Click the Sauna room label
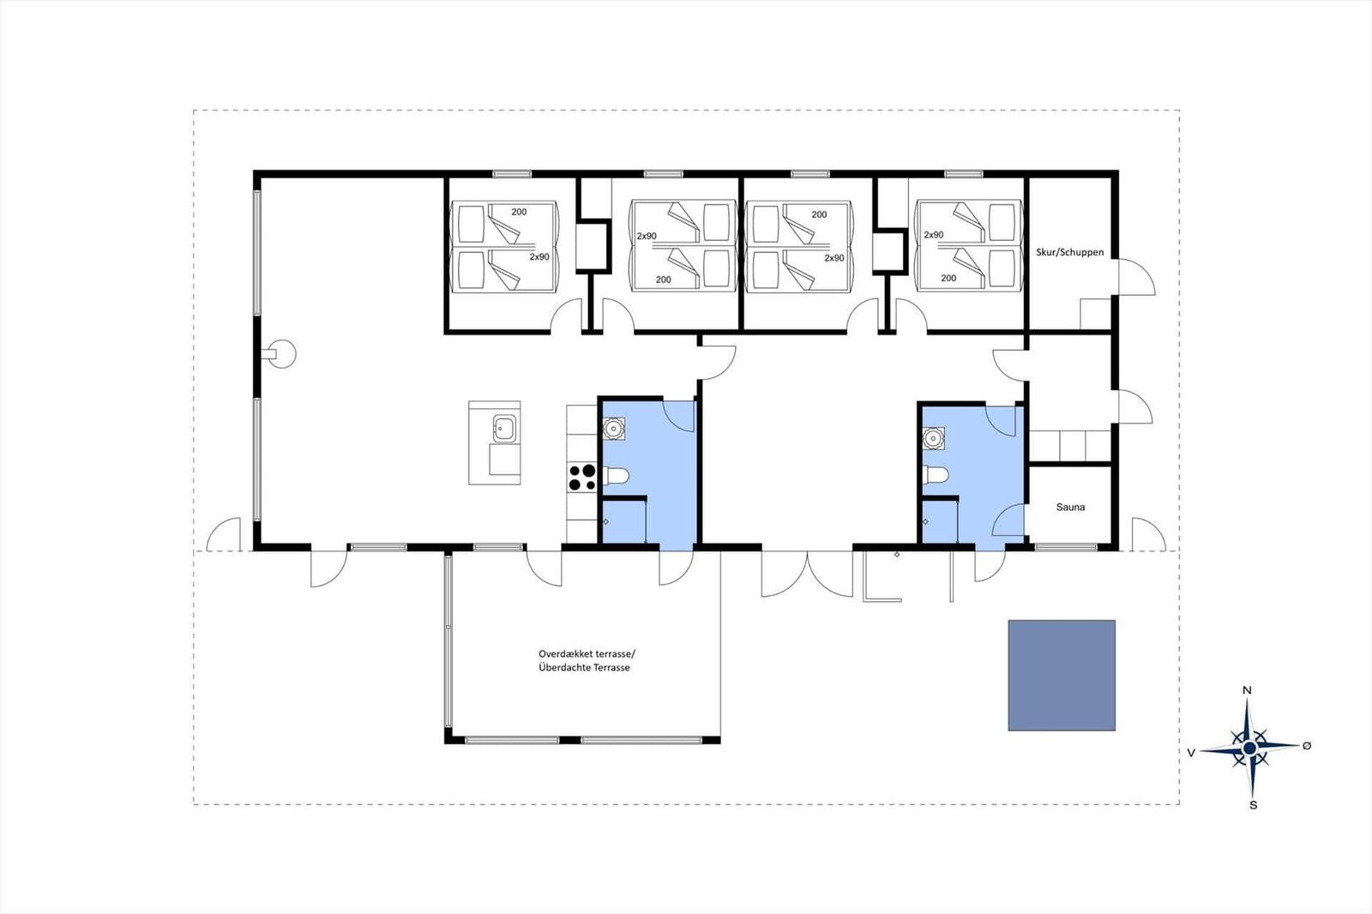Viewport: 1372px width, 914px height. [1070, 508]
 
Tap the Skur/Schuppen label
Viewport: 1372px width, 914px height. [1069, 252]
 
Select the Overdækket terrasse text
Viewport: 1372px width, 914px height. [587, 653]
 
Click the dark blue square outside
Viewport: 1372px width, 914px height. [1062, 675]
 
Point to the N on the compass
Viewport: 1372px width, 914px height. [1247, 690]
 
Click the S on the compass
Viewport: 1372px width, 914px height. [1253, 805]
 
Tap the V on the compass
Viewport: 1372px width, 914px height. [1191, 754]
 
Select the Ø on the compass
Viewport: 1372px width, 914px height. [1307, 746]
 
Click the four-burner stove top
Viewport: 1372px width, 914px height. [581, 478]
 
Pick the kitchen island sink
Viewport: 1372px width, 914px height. [505, 428]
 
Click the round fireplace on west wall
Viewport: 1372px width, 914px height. [283, 354]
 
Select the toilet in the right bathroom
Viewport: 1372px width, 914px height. [936, 475]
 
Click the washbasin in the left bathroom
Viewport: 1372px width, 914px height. [613, 428]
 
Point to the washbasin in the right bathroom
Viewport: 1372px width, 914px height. [934, 438]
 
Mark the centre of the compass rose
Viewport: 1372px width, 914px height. [1250, 748]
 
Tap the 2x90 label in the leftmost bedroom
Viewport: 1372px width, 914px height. [539, 257]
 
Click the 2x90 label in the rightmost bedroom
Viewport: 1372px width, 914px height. [934, 235]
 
